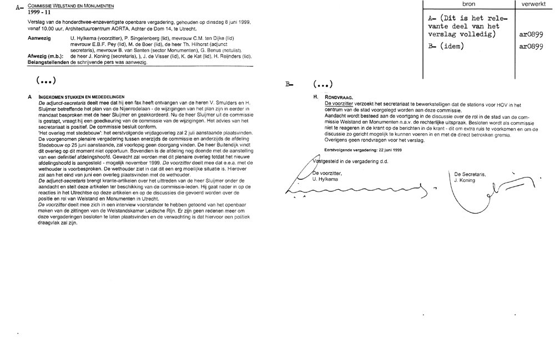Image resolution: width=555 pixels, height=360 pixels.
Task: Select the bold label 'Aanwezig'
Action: [39, 37]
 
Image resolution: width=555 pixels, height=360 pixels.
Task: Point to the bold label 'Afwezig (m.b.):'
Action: [46, 56]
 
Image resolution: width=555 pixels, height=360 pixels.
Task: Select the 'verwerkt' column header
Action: [533, 4]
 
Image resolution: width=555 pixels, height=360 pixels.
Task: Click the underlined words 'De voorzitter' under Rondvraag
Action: [340, 104]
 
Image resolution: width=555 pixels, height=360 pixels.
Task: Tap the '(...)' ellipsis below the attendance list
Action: [47, 81]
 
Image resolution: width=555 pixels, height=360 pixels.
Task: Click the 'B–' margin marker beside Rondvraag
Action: [289, 85]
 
